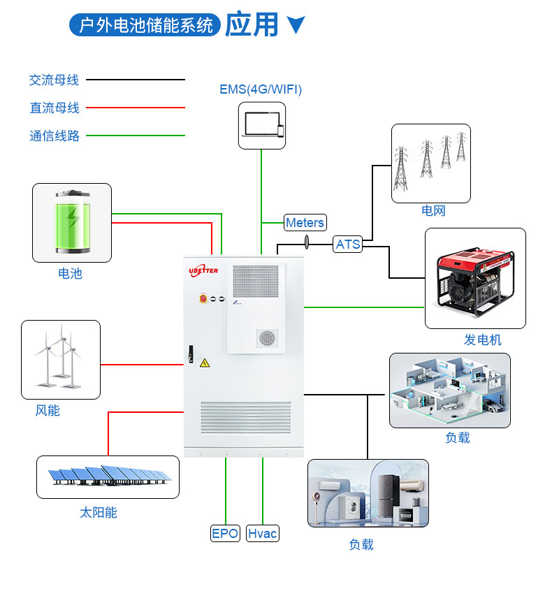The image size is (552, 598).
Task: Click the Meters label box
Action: (305, 223)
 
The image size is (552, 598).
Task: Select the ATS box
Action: (347, 244)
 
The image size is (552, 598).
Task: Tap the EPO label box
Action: (225, 534)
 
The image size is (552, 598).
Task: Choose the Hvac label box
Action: (263, 534)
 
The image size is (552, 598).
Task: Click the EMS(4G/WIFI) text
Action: (261, 89)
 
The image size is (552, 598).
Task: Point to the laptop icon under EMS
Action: (262, 126)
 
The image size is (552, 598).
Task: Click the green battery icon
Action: (73, 221)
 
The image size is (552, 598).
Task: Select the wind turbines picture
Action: (60, 358)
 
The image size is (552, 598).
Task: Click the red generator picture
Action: (475, 278)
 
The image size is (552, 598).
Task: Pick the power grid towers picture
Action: (430, 163)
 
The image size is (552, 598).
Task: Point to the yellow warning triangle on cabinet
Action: (205, 363)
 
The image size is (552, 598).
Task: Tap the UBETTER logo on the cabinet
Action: (204, 270)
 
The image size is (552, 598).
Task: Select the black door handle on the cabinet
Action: (189, 353)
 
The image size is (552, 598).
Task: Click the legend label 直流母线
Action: (55, 108)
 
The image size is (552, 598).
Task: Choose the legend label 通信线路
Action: (55, 136)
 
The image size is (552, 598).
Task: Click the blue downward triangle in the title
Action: (296, 25)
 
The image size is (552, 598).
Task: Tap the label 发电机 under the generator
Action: (483, 340)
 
